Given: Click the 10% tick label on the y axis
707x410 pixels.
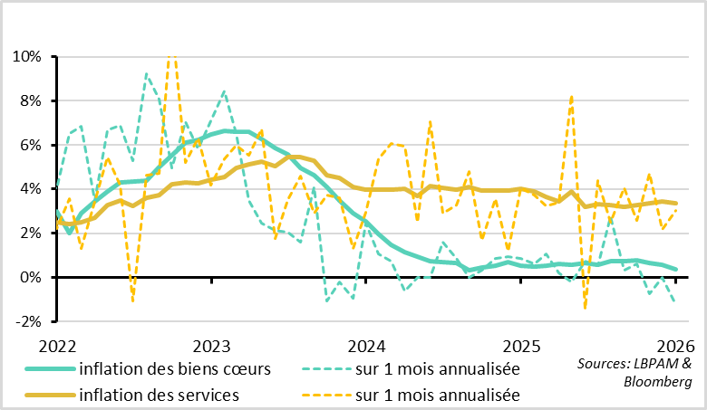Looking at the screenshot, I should click(27, 57).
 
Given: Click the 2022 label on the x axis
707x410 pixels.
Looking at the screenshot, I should click(56, 347).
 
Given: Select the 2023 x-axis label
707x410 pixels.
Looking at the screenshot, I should click(211, 347).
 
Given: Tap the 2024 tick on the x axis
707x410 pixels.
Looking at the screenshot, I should click(366, 347).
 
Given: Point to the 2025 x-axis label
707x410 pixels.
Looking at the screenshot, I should click(521, 347).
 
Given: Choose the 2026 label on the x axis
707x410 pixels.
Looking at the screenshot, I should click(675, 347).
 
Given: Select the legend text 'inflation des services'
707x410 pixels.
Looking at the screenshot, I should click(159, 395).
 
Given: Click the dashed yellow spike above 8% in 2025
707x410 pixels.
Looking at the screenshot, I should click(572, 97).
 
